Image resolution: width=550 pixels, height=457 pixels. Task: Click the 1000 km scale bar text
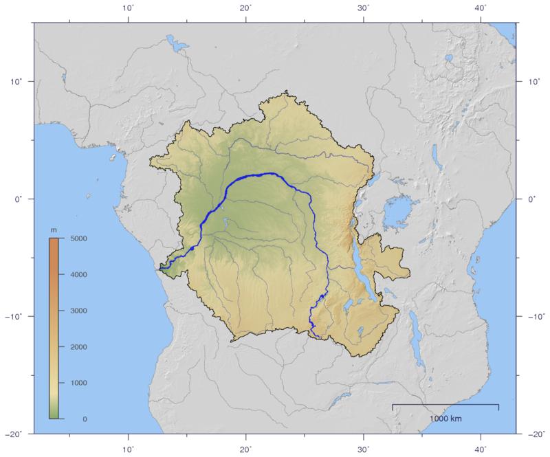coord(445,419)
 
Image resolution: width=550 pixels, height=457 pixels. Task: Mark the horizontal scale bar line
coord(445,405)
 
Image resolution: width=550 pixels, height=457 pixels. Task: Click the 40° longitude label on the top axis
coord(481,8)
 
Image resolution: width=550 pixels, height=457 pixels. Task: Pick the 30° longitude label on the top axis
coord(364,8)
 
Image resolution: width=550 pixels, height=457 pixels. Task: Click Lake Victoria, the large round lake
coord(397,212)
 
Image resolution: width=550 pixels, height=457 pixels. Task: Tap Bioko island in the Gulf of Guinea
coord(110,156)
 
